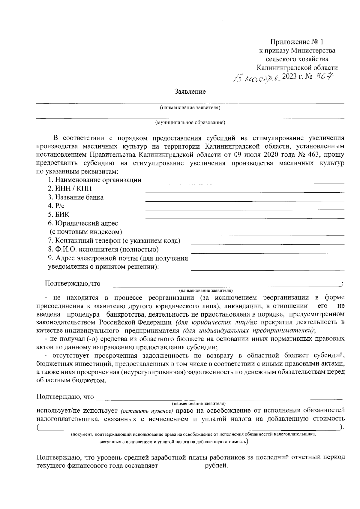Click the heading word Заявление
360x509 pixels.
(x=190, y=92)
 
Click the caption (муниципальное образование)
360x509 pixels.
(x=190, y=122)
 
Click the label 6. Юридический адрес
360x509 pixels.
(x=83, y=223)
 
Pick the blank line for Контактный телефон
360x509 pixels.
(x=268, y=243)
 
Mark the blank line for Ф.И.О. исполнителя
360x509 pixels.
(x=268, y=252)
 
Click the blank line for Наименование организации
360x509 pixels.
(x=244, y=183)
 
